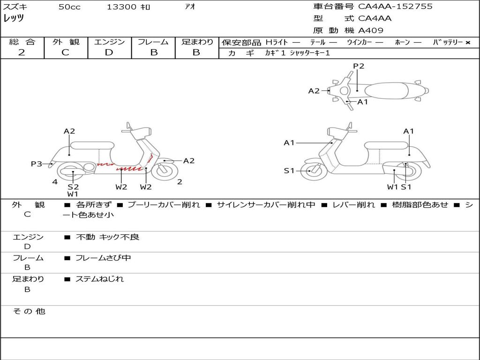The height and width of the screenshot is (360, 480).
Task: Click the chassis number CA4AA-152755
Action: tap(395, 7)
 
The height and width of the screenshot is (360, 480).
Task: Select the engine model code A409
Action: tap(371, 30)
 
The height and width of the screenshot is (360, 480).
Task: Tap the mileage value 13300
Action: tap(121, 7)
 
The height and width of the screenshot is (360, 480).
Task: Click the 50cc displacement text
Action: tap(69, 7)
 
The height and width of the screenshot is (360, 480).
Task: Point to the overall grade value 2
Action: tap(22, 52)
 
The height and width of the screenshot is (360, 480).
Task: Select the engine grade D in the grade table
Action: tap(109, 52)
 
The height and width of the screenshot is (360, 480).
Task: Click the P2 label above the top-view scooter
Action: tap(359, 66)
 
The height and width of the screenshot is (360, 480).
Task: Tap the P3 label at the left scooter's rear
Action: tap(37, 164)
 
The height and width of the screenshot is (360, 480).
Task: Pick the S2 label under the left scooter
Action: tap(73, 187)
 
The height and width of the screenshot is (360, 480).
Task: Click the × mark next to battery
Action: tap(468, 43)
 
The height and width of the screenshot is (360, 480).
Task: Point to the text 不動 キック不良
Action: tap(108, 237)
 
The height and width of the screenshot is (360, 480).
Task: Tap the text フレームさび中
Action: tap(103, 258)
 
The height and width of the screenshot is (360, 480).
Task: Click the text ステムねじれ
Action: tap(99, 279)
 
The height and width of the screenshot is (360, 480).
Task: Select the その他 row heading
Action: tap(29, 311)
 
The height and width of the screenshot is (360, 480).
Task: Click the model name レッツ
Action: tap(14, 18)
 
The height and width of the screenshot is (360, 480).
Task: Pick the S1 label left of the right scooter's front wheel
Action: tap(289, 171)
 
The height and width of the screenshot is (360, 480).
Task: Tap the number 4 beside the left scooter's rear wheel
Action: tap(55, 182)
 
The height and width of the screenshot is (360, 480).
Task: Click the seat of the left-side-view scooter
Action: tap(92, 145)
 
